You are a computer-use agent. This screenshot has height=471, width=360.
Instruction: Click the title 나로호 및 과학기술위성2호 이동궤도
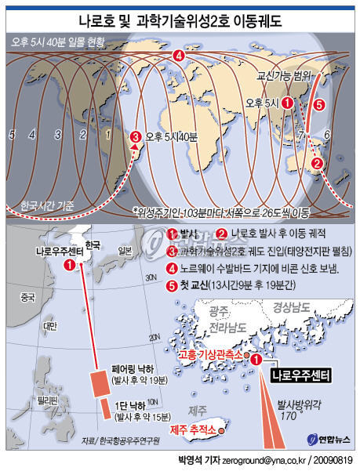180,16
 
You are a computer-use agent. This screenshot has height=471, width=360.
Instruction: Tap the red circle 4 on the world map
179,55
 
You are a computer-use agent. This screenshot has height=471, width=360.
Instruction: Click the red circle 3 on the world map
135,136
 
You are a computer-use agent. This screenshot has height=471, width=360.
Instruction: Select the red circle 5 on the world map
318,104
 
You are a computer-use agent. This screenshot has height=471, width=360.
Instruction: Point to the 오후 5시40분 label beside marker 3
169,136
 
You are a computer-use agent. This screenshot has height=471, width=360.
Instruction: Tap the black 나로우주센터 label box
300,375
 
